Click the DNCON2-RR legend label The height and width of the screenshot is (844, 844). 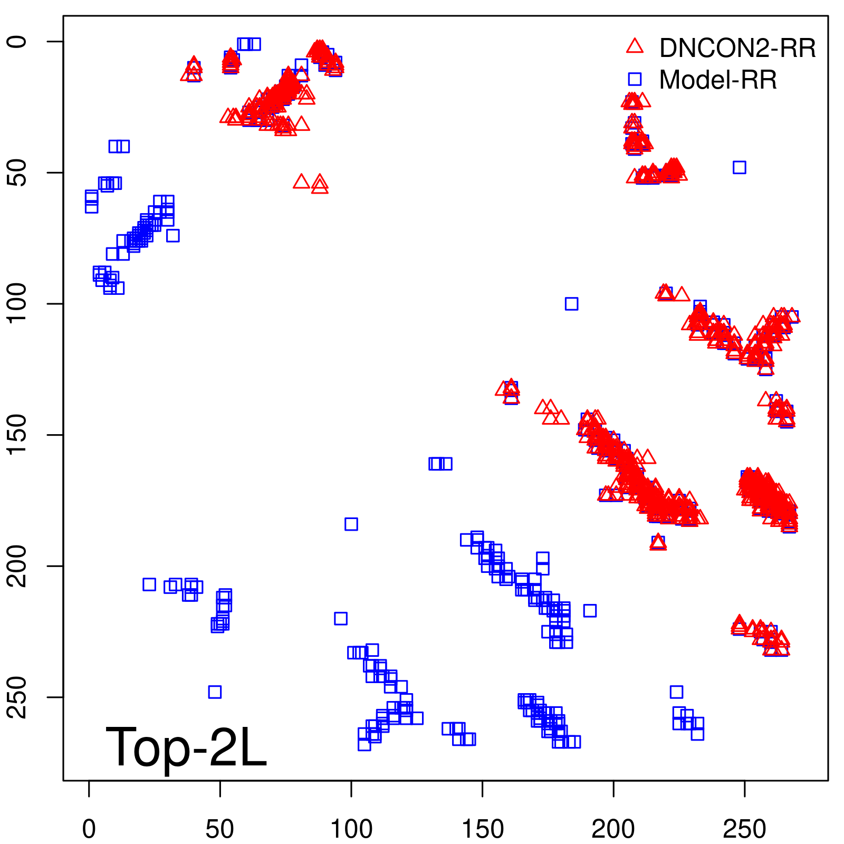coord(737,49)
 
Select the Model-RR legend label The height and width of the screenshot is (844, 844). coord(717,80)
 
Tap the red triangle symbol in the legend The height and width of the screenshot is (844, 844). coord(635,46)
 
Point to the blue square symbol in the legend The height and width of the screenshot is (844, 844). coord(635,79)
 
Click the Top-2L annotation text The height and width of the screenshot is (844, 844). coord(186,747)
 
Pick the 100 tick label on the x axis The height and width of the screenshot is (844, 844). coord(351,829)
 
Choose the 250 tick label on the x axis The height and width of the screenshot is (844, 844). coord(744,829)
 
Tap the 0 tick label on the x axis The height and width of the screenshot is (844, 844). coord(89,829)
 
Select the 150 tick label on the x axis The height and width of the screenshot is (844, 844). coord(483,829)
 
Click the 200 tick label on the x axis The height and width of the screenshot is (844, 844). coord(613,829)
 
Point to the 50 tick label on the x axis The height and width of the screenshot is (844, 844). coord(220,829)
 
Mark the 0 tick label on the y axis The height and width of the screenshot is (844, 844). coord(17,42)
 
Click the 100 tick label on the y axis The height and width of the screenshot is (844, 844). coord(17,303)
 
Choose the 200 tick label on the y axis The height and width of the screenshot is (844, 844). coord(17,566)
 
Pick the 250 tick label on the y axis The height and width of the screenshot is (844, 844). coord(17,697)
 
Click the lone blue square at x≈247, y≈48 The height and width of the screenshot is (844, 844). coord(739,168)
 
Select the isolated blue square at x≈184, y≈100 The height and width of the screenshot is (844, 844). coord(571,304)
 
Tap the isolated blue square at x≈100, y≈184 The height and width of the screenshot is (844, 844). coord(351,524)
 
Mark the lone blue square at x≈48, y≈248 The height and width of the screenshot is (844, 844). coord(215,692)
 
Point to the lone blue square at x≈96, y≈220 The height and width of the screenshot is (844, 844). coord(341,618)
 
